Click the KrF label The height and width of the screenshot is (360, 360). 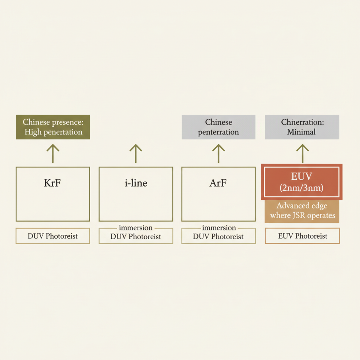[52, 183]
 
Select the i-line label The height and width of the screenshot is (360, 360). [136, 183]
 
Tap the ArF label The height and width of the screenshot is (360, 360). [218, 183]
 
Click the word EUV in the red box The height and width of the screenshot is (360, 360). [301, 176]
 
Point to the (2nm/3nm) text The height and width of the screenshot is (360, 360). [301, 188]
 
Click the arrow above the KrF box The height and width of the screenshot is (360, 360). [53, 154]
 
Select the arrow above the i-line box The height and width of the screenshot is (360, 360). [136, 154]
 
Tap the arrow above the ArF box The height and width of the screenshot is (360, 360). [218, 154]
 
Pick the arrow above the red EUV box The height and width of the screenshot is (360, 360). [302, 154]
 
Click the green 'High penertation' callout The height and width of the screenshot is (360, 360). [53, 127]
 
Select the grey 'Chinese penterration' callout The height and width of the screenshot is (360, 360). [219, 127]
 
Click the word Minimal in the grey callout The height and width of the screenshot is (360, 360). [301, 132]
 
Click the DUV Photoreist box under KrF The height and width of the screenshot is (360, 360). [53, 236]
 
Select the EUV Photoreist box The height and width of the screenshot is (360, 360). [302, 236]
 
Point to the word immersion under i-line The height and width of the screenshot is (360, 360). [136, 228]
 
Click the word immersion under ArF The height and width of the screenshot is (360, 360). [219, 228]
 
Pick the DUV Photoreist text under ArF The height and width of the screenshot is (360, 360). [218, 237]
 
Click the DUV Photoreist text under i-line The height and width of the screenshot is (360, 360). [136, 237]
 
